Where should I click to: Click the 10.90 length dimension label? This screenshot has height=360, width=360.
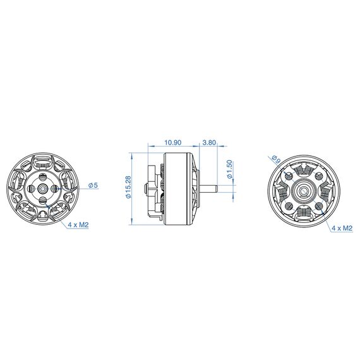point(173,143)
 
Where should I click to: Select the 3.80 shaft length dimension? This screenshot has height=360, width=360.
point(209,143)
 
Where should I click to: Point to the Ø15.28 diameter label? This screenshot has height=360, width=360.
point(128,187)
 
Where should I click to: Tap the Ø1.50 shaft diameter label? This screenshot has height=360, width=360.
point(229,170)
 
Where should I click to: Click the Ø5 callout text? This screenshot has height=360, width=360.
point(93,185)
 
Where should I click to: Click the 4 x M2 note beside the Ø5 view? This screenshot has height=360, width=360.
point(78,225)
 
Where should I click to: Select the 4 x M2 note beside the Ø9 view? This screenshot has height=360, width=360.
point(342,228)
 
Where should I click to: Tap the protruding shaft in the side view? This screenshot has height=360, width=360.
point(208,188)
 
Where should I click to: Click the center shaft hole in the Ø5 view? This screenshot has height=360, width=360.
point(43,188)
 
